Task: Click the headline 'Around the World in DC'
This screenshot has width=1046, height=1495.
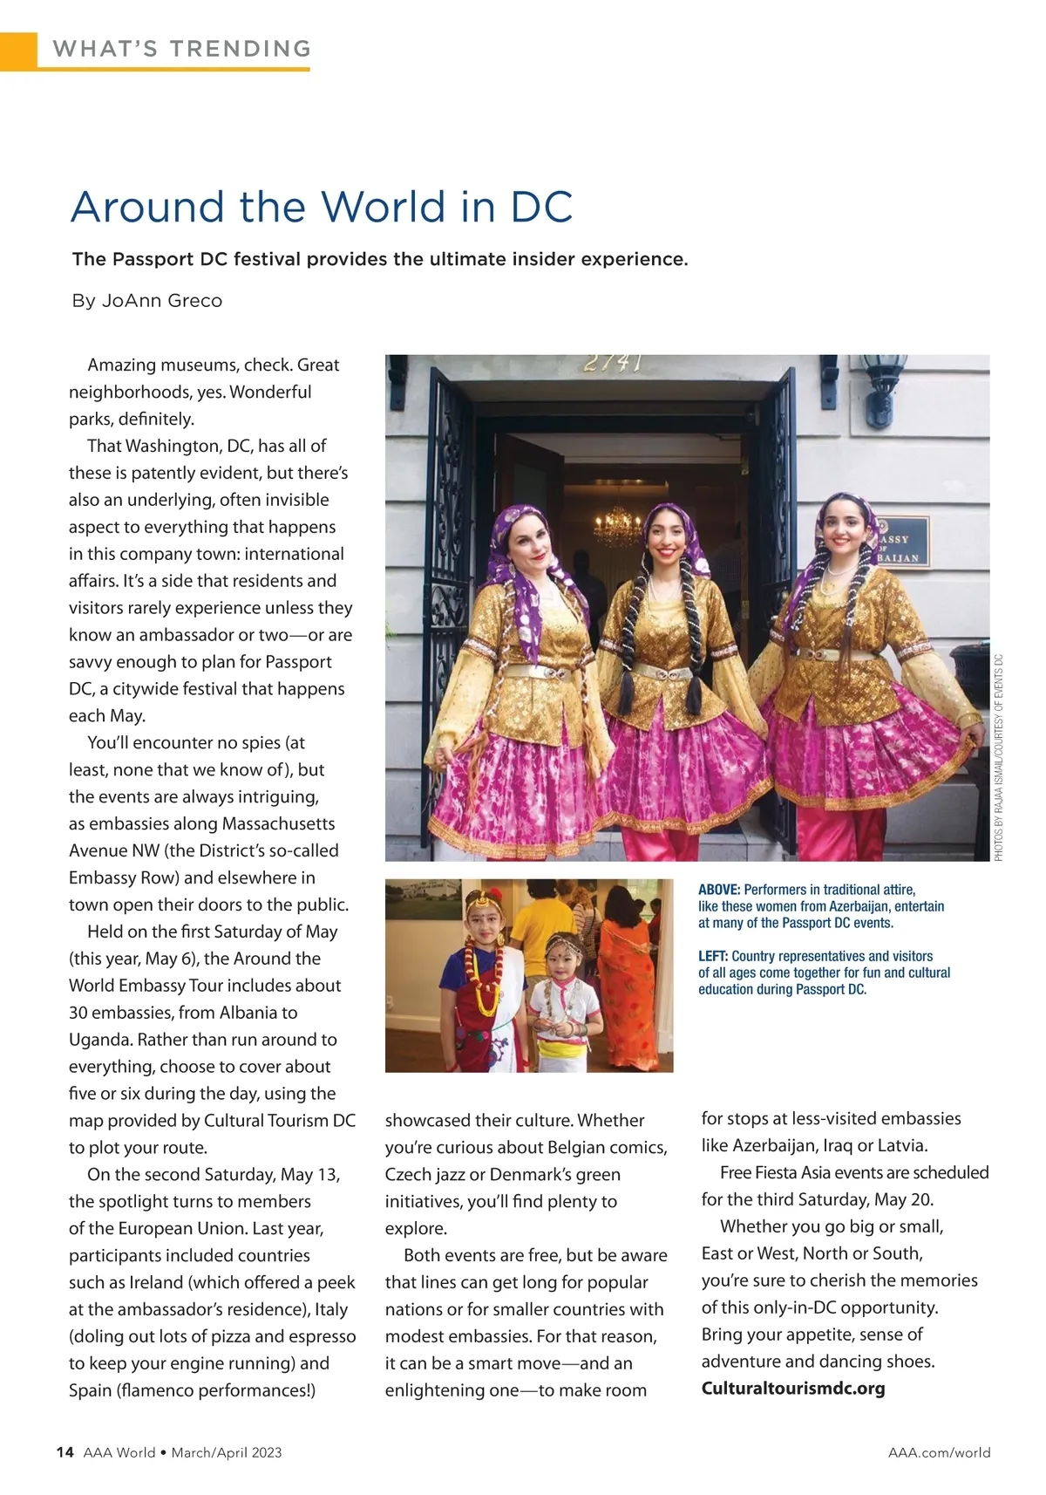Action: tap(322, 208)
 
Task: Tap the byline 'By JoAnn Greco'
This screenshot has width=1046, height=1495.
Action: tap(147, 301)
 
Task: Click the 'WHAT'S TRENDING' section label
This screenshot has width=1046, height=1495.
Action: tap(181, 49)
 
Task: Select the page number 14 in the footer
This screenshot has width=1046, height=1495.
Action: tap(64, 1452)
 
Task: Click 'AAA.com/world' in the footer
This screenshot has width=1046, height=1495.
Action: tap(939, 1452)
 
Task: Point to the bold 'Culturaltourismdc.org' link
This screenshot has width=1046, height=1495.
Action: tap(793, 1388)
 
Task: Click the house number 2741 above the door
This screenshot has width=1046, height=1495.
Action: tap(613, 363)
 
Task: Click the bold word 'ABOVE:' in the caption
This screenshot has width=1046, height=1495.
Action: tap(719, 890)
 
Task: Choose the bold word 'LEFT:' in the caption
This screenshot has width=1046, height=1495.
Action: tap(714, 956)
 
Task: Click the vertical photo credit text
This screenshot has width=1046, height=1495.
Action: tap(1000, 759)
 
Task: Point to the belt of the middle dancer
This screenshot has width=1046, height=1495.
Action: tap(666, 670)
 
